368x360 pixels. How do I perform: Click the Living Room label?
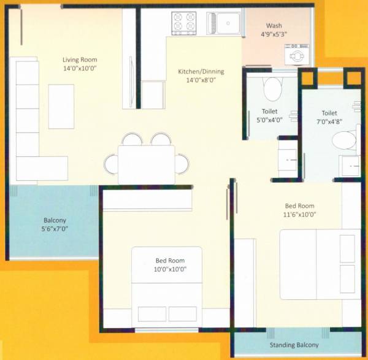(x=80, y=59)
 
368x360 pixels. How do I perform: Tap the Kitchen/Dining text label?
(x=201, y=72)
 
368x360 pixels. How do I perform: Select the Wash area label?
(x=274, y=26)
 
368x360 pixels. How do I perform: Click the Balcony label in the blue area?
(x=55, y=220)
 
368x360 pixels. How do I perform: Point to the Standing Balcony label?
(x=294, y=345)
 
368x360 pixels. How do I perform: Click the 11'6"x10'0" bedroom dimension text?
(x=301, y=215)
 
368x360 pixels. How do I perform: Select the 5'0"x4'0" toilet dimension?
(x=269, y=120)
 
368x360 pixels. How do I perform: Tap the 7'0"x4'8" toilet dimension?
(x=329, y=122)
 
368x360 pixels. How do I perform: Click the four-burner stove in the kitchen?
(x=184, y=23)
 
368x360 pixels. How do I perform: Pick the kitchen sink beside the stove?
(x=224, y=23)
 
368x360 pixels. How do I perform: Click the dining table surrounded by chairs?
(x=146, y=163)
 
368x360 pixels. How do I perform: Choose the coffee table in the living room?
(x=61, y=106)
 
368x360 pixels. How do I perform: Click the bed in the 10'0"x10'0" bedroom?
(x=167, y=286)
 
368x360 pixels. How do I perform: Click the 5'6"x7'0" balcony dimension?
(x=55, y=229)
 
